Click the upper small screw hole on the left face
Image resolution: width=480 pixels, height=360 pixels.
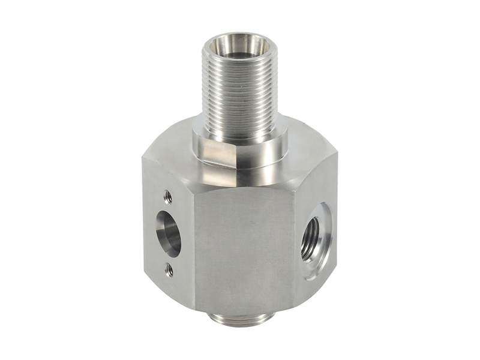tap(168, 196)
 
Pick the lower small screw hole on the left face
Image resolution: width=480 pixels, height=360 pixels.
tap(169, 270)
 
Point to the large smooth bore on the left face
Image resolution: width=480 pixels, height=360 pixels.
tap(168, 233)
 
